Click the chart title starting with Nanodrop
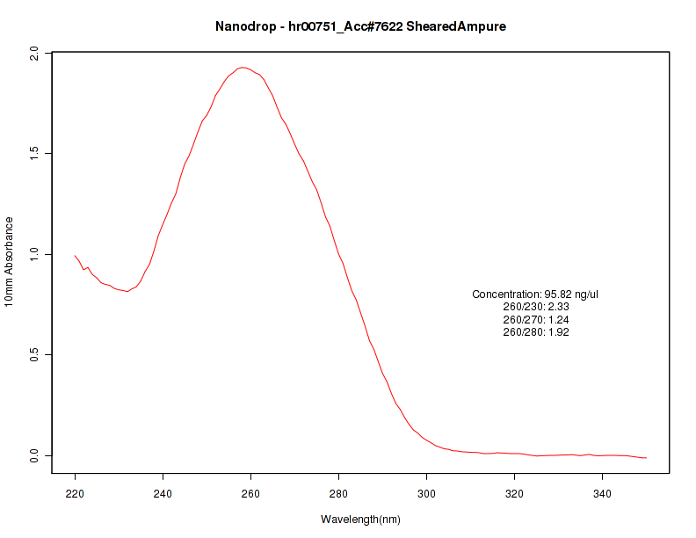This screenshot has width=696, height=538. click(360, 26)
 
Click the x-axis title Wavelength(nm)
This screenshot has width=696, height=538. click(360, 520)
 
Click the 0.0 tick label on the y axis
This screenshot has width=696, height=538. click(34, 455)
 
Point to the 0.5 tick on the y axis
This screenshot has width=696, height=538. click(34, 355)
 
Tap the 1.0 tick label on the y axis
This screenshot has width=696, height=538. click(34, 254)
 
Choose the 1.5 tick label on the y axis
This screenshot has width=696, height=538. click(34, 154)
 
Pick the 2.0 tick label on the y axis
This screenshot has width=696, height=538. click(34, 54)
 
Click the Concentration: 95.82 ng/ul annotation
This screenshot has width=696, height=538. click(535, 294)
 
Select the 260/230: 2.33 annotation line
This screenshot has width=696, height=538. click(535, 307)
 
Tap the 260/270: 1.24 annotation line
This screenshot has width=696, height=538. click(535, 319)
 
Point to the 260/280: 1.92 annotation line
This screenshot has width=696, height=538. click(535, 332)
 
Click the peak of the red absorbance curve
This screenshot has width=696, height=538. click(243, 67)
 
